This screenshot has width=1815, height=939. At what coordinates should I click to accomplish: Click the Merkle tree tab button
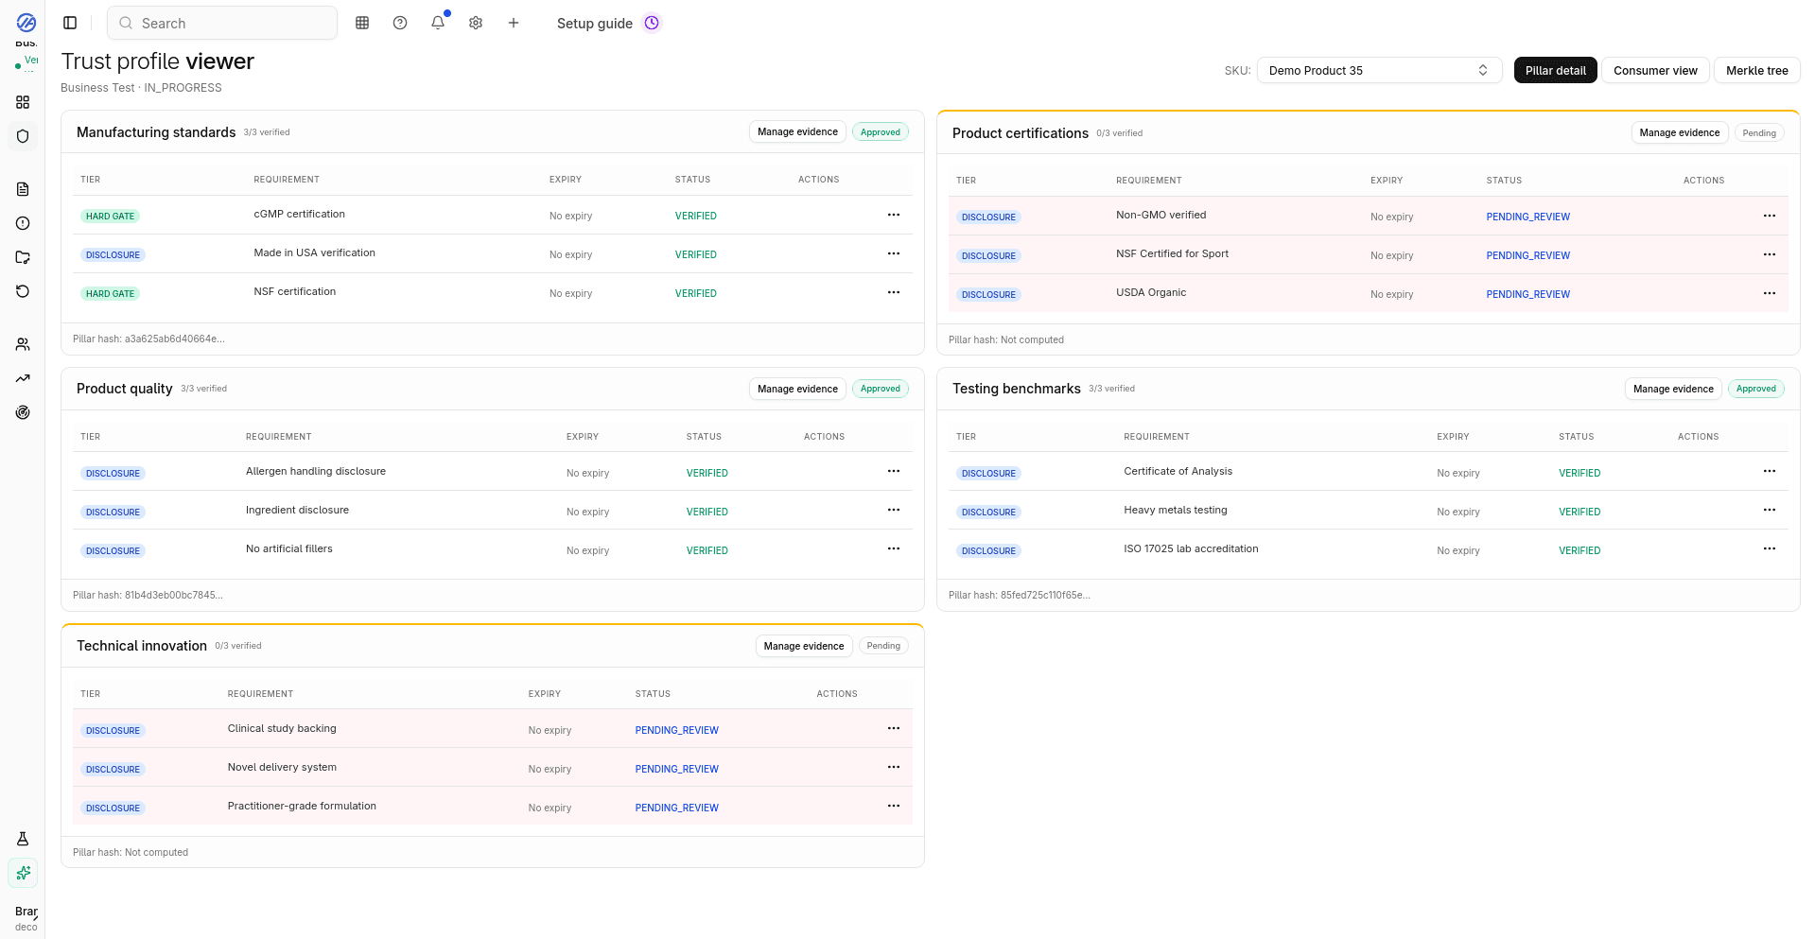click(x=1756, y=71)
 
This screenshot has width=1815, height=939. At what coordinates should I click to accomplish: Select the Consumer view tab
click(x=1654, y=71)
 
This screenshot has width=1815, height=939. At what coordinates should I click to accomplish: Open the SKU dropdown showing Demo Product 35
click(x=1378, y=71)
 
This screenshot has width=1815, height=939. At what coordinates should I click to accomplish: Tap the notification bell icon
click(x=437, y=24)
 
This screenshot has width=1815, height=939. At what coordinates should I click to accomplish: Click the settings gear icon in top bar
click(x=476, y=24)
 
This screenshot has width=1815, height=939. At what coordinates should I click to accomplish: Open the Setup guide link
click(x=595, y=24)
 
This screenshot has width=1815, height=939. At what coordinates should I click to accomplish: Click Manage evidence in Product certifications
click(x=1679, y=133)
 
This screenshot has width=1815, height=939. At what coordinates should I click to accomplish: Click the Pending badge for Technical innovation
click(x=882, y=646)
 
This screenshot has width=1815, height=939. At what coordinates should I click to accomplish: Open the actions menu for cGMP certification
click(x=893, y=216)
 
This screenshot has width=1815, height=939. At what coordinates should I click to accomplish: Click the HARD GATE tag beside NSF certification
click(x=110, y=294)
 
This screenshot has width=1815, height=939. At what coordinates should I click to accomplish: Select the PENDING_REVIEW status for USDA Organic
click(x=1527, y=295)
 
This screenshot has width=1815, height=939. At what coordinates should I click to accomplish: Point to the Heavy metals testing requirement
click(x=1175, y=511)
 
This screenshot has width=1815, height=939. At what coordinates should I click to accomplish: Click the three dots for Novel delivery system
click(x=893, y=768)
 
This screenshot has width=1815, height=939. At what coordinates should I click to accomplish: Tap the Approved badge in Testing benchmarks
click(x=1755, y=389)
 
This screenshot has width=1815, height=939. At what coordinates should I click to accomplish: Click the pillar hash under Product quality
click(x=148, y=596)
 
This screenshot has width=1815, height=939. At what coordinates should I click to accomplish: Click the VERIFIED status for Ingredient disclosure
click(x=707, y=513)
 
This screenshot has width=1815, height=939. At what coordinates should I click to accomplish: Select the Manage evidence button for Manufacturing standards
click(x=796, y=132)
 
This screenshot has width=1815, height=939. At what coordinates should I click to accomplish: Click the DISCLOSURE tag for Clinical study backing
click(x=113, y=731)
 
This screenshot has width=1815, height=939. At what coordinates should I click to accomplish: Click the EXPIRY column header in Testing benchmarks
click(x=1453, y=437)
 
